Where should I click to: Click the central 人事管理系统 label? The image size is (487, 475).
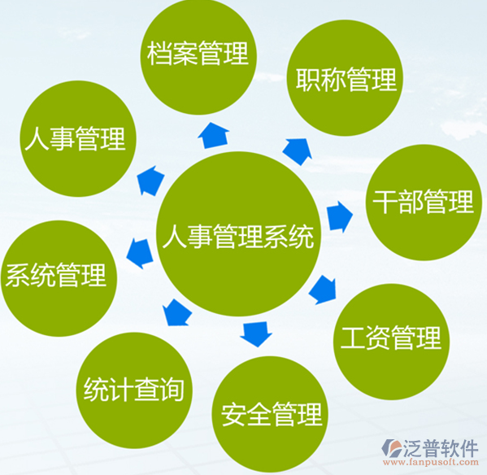point(238,237)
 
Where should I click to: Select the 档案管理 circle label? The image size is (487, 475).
point(198,53)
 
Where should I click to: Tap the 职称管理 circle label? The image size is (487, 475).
point(346,79)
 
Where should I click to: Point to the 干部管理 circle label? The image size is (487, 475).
point(424,202)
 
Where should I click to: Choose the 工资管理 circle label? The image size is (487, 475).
point(391,338)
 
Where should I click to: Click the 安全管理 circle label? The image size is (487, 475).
point(272,414)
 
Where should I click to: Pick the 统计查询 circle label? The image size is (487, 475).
point(134,390)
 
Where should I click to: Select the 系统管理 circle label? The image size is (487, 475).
point(56,275)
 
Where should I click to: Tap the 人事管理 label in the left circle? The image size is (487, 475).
point(75,138)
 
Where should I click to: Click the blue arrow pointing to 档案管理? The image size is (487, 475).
point(214,136)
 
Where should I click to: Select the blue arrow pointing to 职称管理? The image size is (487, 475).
point(298,151)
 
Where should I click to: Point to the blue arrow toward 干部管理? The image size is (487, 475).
point(340,216)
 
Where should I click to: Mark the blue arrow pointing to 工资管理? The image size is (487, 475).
point(323,290)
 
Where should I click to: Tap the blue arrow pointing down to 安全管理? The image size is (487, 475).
point(256,334)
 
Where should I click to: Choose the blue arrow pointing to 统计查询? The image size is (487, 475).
point(176,312)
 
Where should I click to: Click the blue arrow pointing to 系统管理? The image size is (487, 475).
point(140,253)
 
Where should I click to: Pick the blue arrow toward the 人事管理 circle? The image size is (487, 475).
point(151,181)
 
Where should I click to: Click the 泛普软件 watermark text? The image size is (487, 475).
point(441,449)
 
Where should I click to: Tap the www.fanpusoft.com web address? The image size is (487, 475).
point(431,462)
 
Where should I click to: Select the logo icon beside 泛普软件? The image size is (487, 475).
point(392,448)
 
